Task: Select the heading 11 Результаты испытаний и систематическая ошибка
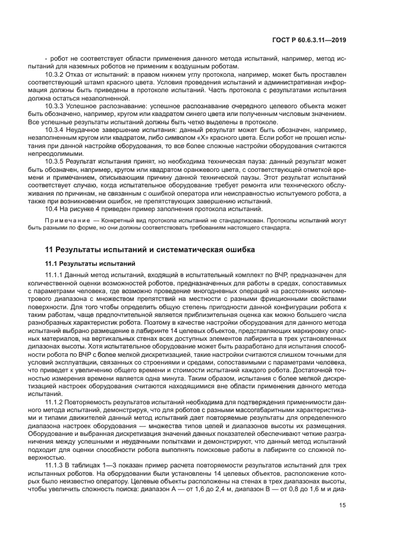pos(151,249)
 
